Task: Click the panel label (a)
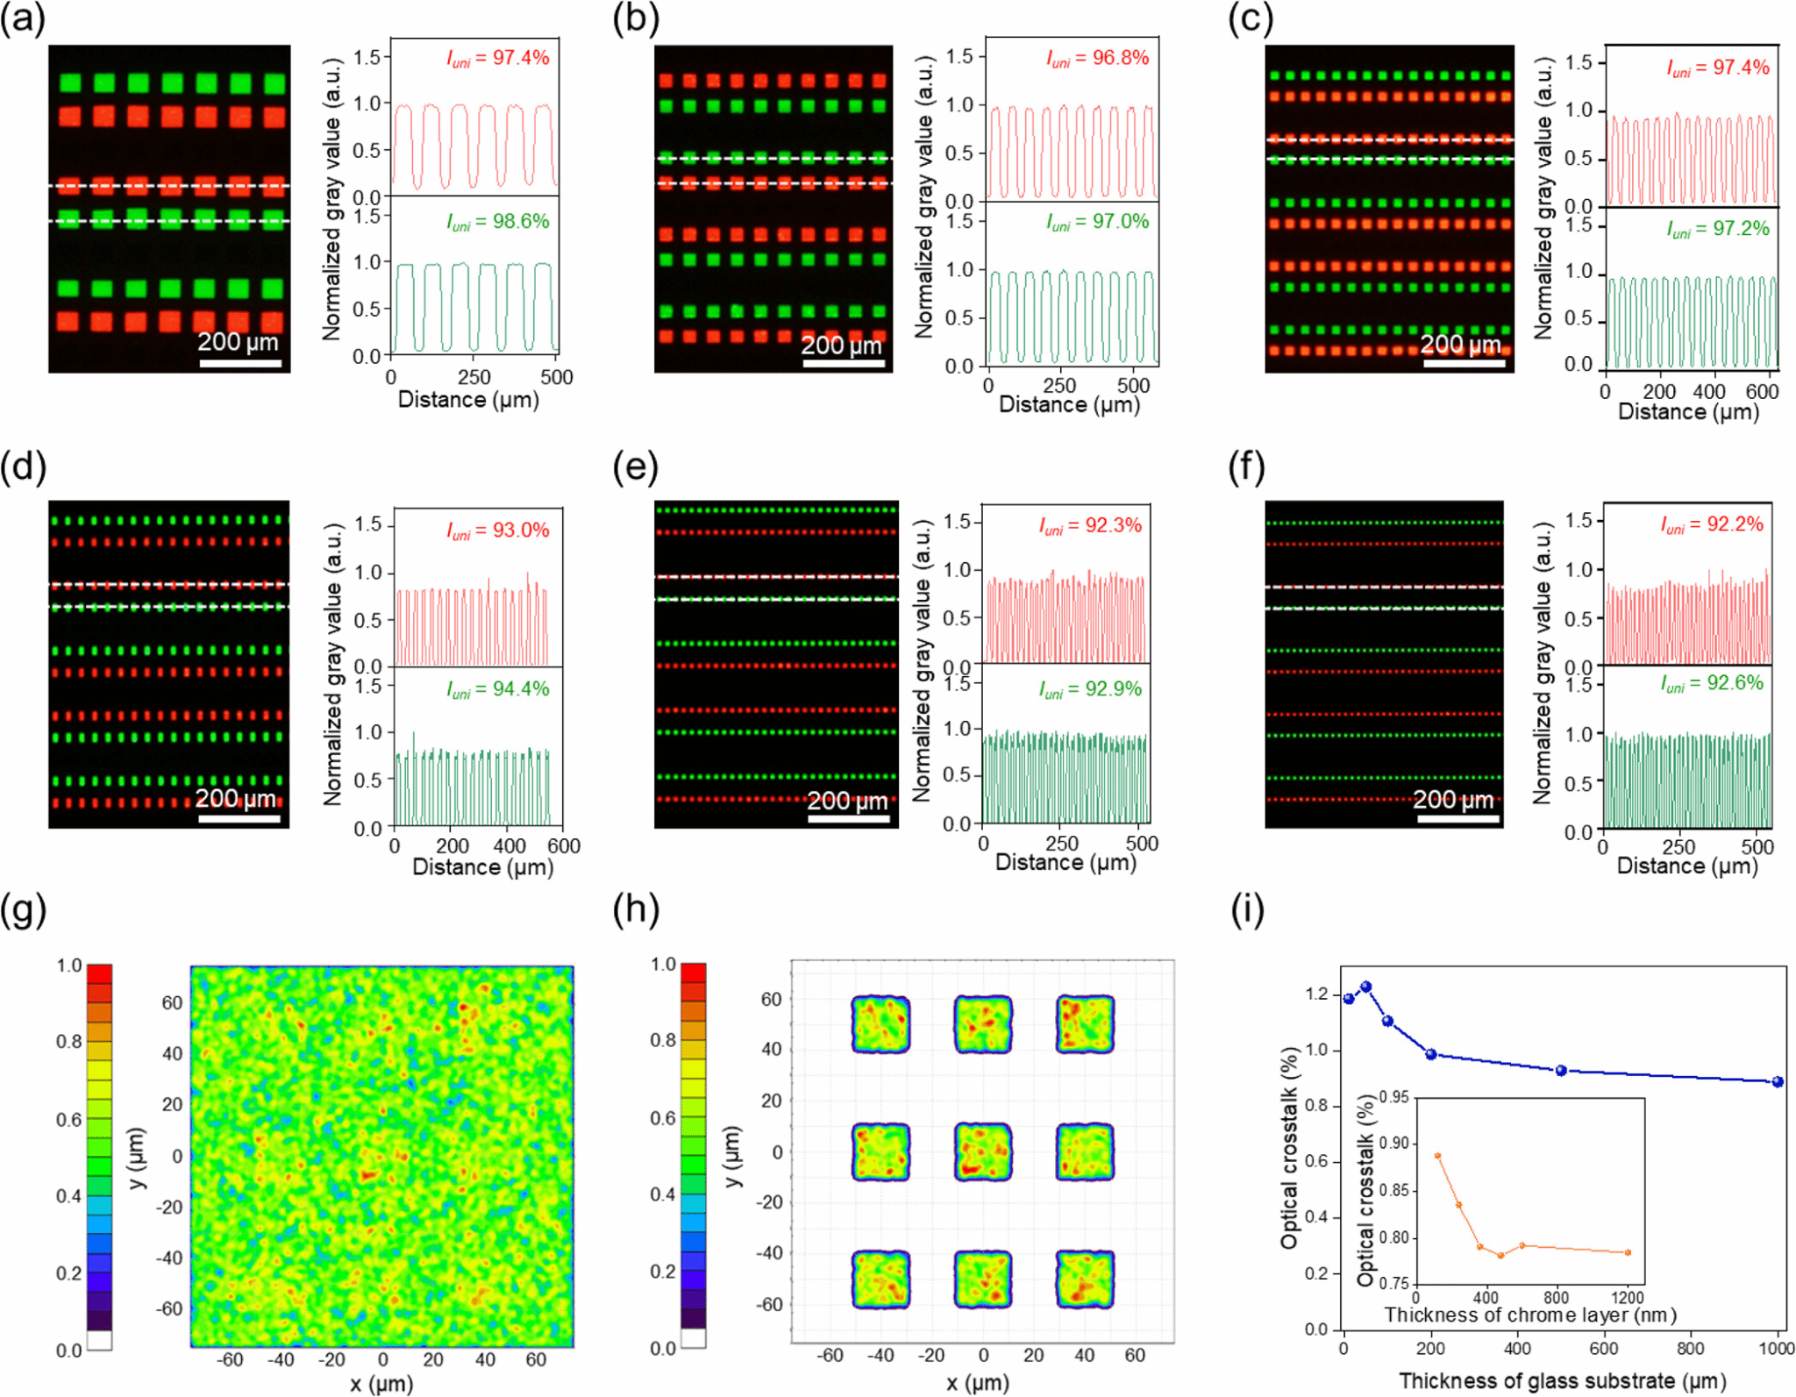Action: pyautogui.click(x=23, y=19)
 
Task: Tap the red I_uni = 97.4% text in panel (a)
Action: pyautogui.click(x=497, y=58)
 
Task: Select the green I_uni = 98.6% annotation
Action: pyautogui.click(x=497, y=221)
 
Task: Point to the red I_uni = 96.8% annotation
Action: pyautogui.click(x=1097, y=58)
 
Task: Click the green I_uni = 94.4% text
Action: pyautogui.click(x=497, y=689)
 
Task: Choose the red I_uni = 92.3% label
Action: pyautogui.click(x=1090, y=525)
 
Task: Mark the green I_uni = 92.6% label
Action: pyautogui.click(x=1711, y=683)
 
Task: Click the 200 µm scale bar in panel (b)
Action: pyautogui.click(x=843, y=363)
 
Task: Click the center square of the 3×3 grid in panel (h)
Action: pyautogui.click(x=983, y=1151)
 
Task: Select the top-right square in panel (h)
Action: pyautogui.click(x=1085, y=1023)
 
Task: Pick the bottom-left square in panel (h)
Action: pyautogui.click(x=880, y=1279)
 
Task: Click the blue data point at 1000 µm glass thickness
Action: pyautogui.click(x=1778, y=1081)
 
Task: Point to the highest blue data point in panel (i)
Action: pyautogui.click(x=1365, y=987)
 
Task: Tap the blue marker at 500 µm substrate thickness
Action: pyautogui.click(x=1561, y=1071)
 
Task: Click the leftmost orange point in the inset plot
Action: pyautogui.click(x=1437, y=1156)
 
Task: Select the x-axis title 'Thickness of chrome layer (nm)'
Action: pyautogui.click(x=1530, y=1315)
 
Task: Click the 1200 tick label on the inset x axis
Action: pyautogui.click(x=1628, y=1297)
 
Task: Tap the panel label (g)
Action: pyautogui.click(x=23, y=911)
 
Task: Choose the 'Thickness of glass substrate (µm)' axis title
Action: pyautogui.click(x=1562, y=1381)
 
